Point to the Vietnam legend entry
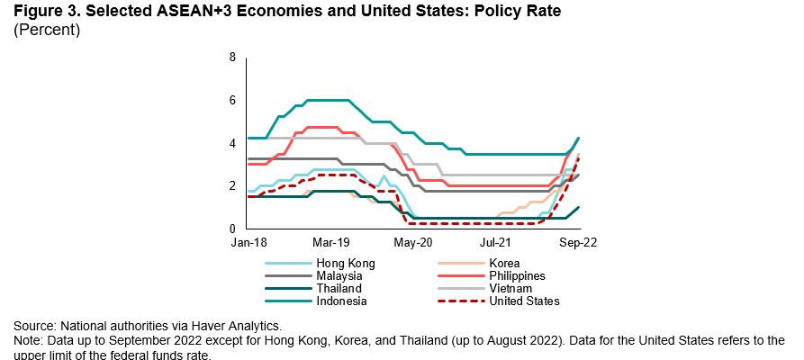pyautogui.click(x=517, y=289)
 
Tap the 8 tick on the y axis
pyautogui.click(x=232, y=58)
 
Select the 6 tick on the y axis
pyautogui.click(x=232, y=100)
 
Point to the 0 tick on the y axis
pyautogui.click(x=232, y=229)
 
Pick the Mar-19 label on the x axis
pyautogui.click(x=330, y=242)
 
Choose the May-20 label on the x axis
pyautogui.click(x=413, y=242)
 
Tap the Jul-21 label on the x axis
pyautogui.click(x=496, y=242)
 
